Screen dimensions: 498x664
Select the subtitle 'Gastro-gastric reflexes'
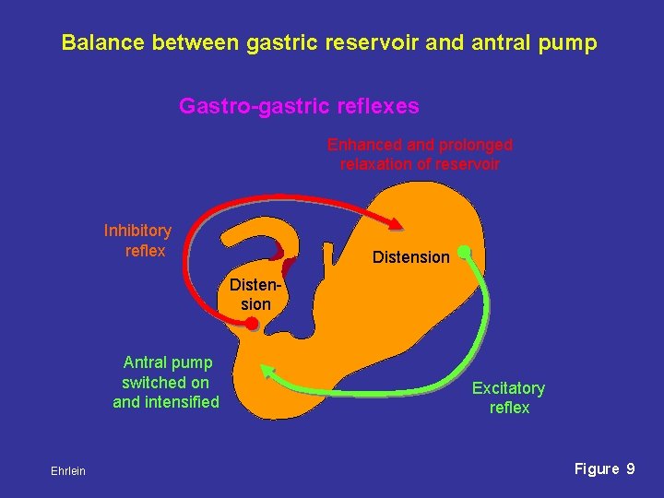299,107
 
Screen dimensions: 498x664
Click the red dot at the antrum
251,323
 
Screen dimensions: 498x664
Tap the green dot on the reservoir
465,250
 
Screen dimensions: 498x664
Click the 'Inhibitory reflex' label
137,241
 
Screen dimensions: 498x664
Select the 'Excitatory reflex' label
508,397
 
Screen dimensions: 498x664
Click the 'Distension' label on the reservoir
410,257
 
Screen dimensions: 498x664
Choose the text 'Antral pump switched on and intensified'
166,382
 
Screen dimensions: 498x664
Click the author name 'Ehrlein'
68,471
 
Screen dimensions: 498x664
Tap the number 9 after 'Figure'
630,468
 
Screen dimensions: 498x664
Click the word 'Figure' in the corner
597,468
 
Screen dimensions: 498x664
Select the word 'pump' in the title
571,43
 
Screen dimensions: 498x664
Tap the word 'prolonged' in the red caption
475,145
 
